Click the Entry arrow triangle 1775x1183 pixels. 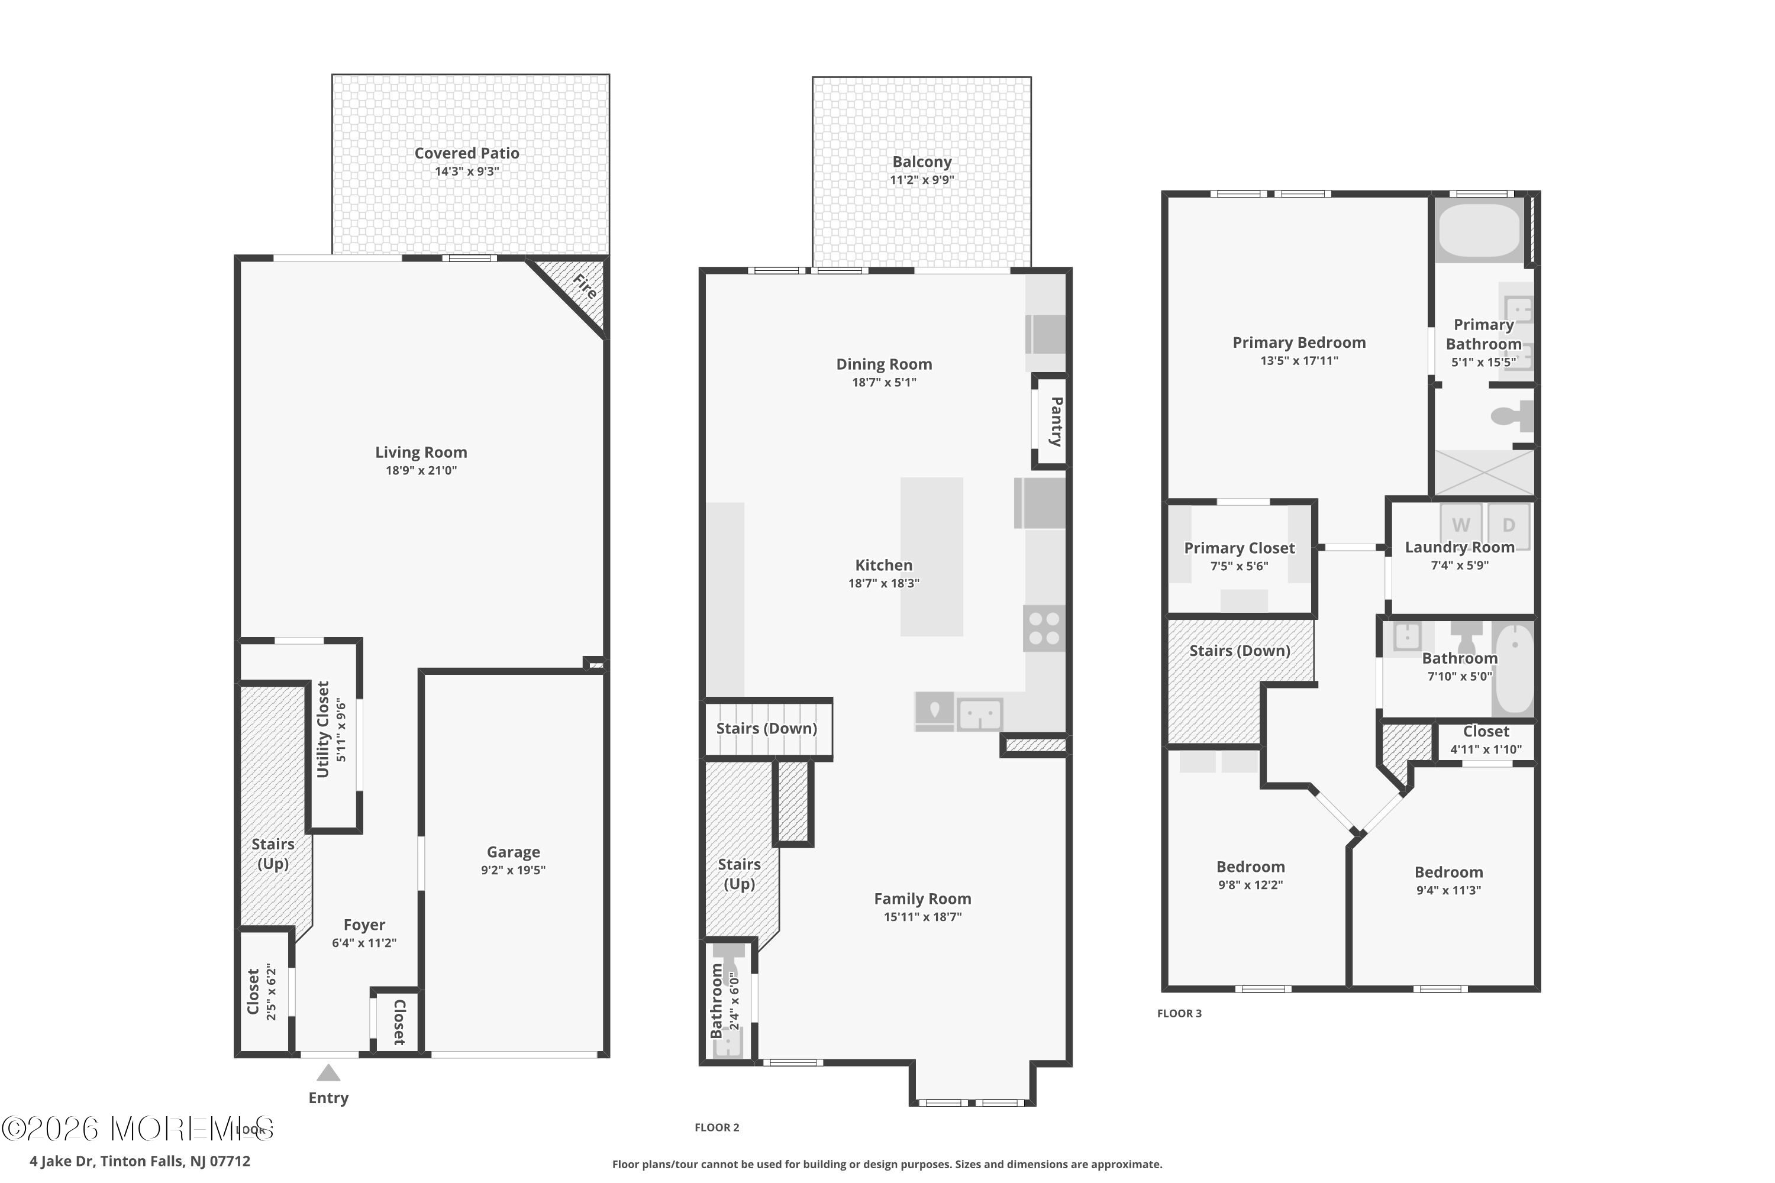pos(328,1073)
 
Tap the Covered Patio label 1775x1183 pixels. pos(466,153)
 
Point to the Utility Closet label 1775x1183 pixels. pos(323,729)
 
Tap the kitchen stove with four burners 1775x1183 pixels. pos(1044,628)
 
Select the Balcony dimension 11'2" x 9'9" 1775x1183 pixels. pos(921,180)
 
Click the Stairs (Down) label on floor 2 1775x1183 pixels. pos(767,728)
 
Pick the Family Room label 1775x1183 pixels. pos(922,898)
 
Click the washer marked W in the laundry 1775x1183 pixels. pos(1461,525)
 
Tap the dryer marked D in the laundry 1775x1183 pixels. pos(1509,525)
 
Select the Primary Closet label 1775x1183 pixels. pos(1239,548)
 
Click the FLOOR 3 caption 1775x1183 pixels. pos(1180,1013)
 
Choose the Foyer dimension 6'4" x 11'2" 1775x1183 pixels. pos(364,943)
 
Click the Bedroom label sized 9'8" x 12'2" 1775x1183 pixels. pos(1251,867)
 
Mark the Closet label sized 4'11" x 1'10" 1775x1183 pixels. pos(1486,732)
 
